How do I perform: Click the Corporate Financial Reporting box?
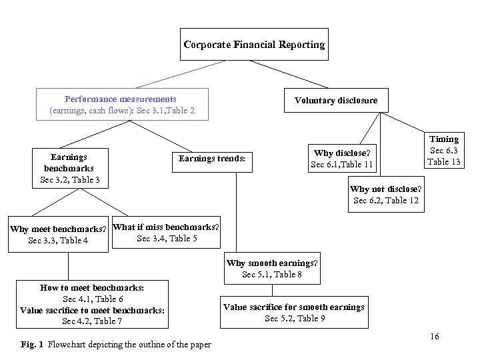254,45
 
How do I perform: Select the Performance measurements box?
122,105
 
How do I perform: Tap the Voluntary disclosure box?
336,101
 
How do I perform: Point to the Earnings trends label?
212,159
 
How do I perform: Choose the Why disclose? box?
341,159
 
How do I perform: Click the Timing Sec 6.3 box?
444,150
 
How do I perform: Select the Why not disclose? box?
386,195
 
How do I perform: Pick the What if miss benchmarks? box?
166,233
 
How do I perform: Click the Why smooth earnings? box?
272,269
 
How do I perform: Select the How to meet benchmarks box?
93,305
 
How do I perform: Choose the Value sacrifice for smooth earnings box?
294,313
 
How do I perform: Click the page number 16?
435,337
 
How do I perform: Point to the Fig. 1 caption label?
115,345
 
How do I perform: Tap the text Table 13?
444,162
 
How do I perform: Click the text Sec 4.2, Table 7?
92,321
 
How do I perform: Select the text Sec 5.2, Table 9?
295,319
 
